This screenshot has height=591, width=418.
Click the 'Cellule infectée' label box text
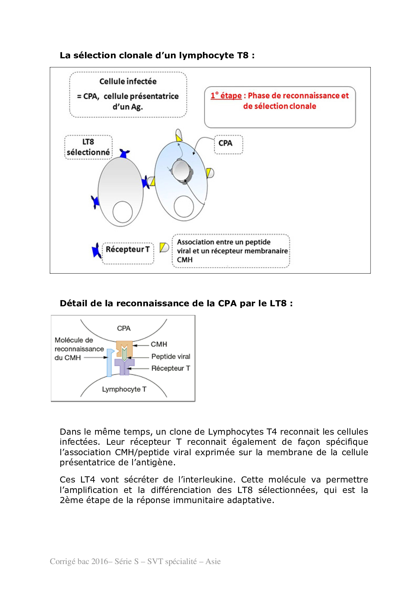128,82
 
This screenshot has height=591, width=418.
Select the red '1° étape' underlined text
226,96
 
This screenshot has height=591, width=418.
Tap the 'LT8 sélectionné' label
88,147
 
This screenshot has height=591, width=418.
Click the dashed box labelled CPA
228,144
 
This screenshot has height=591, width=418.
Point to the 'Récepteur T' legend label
127,250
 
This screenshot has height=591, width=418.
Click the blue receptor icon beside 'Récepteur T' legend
96,251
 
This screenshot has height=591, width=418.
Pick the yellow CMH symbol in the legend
164,248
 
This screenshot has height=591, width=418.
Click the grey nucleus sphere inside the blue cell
181,170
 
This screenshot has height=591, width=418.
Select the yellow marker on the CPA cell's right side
209,173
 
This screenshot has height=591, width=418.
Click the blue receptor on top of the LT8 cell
124,154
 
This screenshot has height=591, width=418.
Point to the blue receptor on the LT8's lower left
95,202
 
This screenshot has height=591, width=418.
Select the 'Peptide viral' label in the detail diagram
171,356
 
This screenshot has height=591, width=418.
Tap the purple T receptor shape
124,366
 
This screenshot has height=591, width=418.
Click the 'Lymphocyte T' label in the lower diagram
124,390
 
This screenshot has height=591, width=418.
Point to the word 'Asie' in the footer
213,561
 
